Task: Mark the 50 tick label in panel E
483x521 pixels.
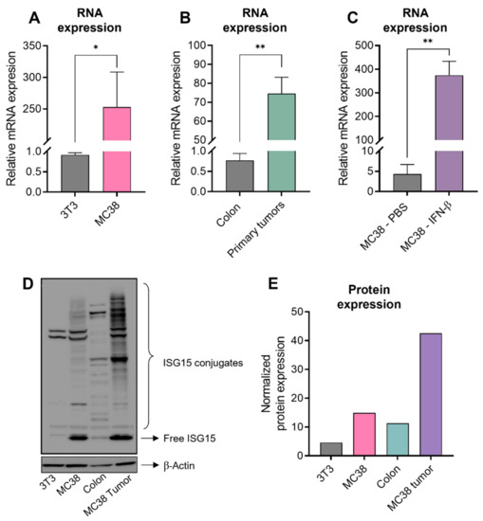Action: pyautogui.click(x=271, y=312)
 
